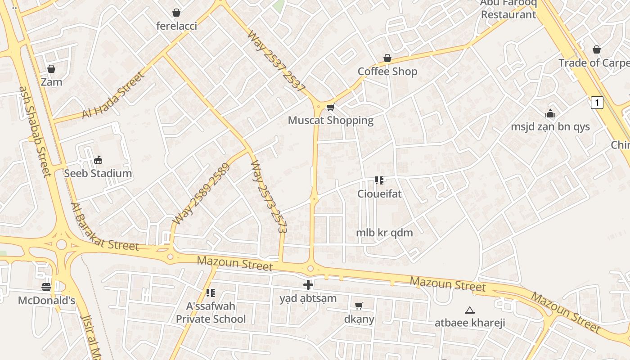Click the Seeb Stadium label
pos(98,173)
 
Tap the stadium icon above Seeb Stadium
pos(98,160)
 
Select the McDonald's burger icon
pos(46,287)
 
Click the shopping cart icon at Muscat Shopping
pos(331,107)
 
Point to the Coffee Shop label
pos(387,72)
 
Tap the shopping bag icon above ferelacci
pos(176,13)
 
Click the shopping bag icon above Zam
pos(51,69)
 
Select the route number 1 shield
pos(597,103)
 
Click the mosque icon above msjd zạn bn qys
pos(550,113)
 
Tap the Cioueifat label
pos(379,194)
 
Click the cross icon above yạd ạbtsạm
pos(308,284)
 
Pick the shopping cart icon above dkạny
pos(359,306)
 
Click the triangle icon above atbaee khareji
pos(470,310)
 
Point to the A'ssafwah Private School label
pos(211,313)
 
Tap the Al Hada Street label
pos(114,95)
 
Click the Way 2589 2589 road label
pos(201,194)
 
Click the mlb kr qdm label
pos(384,233)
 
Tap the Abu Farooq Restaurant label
pos(508,9)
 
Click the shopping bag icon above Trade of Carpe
pos(597,49)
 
